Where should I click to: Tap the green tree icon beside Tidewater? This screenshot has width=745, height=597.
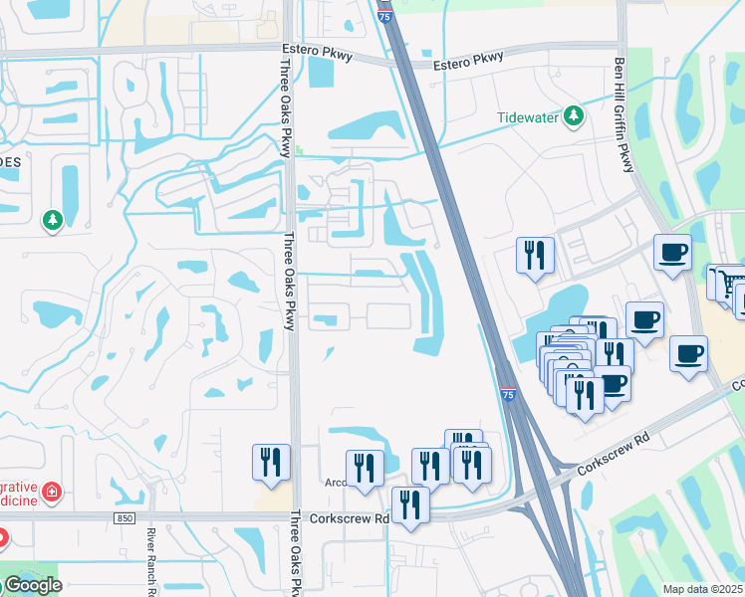point(573,117)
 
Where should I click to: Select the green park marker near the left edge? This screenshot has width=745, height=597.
point(52,220)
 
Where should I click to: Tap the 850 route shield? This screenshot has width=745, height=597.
point(124,518)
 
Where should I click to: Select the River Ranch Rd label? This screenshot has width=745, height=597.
point(152,562)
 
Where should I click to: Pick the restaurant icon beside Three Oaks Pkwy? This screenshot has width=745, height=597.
point(271,463)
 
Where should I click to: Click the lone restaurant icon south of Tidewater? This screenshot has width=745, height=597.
point(535,255)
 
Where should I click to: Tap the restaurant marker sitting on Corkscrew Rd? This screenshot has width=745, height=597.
point(410,504)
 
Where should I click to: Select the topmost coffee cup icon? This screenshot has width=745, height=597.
point(672,251)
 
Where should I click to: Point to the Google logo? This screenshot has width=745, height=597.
point(32,585)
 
